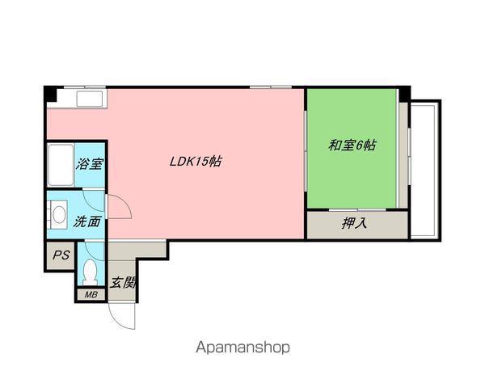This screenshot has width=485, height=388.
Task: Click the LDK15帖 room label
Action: tap(196, 161)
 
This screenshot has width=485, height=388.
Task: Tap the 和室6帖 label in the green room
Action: tap(352, 145)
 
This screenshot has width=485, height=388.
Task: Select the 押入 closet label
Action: tap(355, 223)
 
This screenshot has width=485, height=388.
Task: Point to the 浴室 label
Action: tap(90, 163)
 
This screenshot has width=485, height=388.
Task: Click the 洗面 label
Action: tap(87, 221)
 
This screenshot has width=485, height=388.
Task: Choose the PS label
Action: tap(61, 255)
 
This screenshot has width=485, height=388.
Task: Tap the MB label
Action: tap(91, 295)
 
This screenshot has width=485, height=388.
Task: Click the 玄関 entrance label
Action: tap(123, 282)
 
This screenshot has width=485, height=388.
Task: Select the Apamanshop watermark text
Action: tap(242, 348)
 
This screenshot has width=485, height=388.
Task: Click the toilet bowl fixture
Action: tap(91, 272)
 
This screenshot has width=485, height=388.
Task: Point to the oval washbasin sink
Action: tap(59, 214)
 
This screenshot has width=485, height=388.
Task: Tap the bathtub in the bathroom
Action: tap(61, 165)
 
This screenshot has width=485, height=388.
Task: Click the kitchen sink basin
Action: tap(90, 99)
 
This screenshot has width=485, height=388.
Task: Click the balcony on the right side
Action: tap(424, 171)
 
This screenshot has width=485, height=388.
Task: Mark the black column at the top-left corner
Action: tap(50, 94)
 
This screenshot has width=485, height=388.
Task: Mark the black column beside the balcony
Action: tap(405, 94)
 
